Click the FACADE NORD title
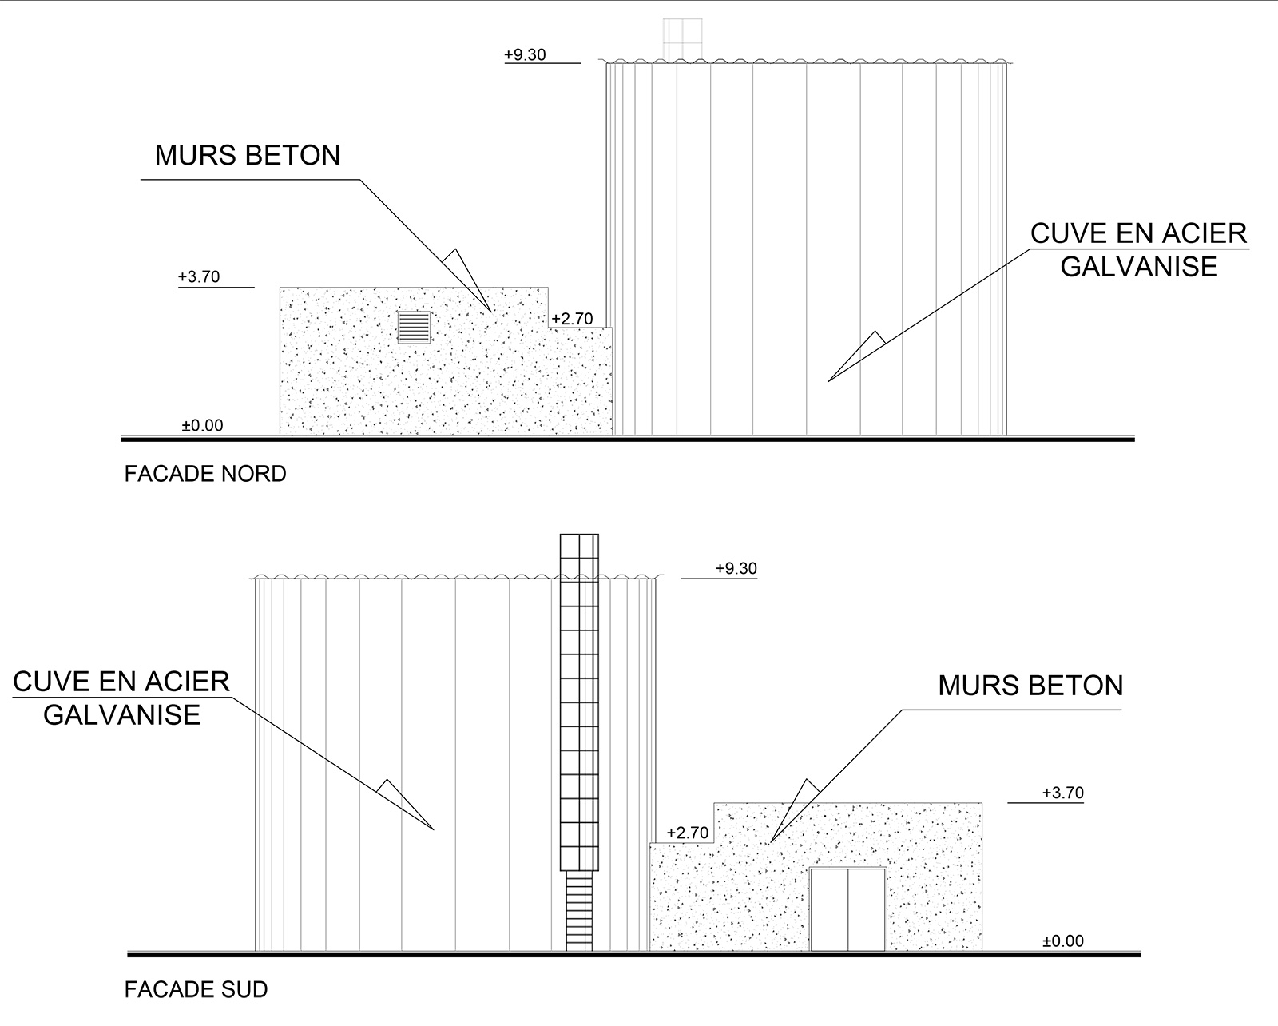pos(205,474)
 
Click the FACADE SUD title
pos(196,989)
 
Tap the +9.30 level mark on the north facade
pos(525,54)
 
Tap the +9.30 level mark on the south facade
pos(736,569)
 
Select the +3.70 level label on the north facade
pos(199,276)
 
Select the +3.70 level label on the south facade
pos(1063,793)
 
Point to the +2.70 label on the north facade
pos(572,319)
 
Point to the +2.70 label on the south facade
pos(688,833)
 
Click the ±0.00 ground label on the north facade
pos(203,425)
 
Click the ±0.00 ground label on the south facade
pos(1063,941)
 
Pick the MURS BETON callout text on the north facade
pos(248,156)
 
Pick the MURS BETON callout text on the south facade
pos(1031,686)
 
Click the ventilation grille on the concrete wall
pos(414,328)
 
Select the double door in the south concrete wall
pos(848,909)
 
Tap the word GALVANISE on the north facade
pos(1139,267)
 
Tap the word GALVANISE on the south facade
pos(121,714)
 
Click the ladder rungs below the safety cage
pos(579,911)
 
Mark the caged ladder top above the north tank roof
pos(682,39)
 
